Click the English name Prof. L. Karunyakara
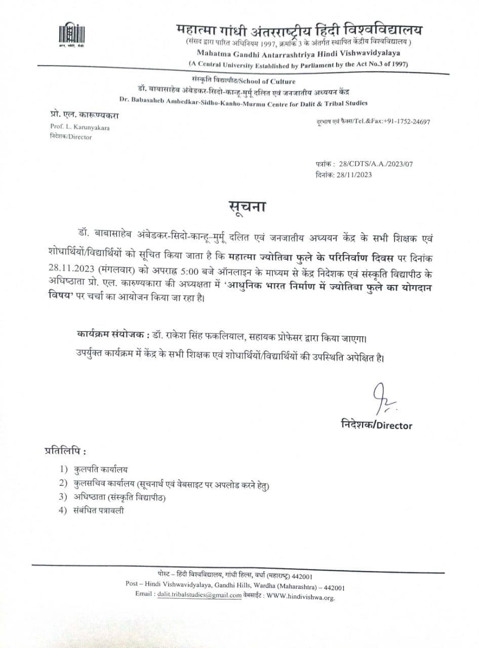point(79,127)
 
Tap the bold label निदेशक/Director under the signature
point(377,425)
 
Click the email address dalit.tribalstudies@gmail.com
point(200,595)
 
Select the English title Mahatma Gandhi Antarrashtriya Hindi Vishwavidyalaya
point(299,53)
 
